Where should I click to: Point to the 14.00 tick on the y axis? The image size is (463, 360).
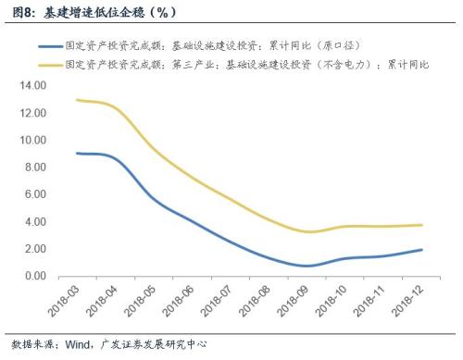pos(31,86)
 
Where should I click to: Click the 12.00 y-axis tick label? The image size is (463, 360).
pos(31,113)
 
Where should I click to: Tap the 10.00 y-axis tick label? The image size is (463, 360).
pos(31,141)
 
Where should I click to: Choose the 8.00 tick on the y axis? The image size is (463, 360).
pos(33,168)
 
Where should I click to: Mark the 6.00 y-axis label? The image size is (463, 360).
pos(33,194)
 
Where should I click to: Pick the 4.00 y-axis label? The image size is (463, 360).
pos(33,222)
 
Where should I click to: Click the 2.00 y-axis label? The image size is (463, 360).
pos(33,249)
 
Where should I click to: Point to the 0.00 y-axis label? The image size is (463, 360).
pos(33,276)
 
